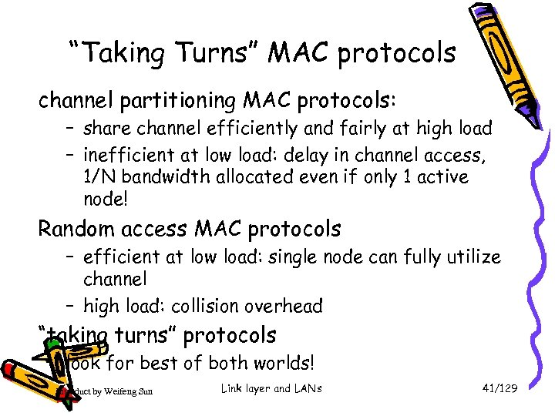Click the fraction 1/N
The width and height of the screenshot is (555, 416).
[100, 177]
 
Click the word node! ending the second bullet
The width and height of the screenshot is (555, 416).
[105, 200]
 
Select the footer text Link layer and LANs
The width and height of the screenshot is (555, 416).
[271, 388]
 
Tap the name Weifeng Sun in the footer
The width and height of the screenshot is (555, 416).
[123, 391]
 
